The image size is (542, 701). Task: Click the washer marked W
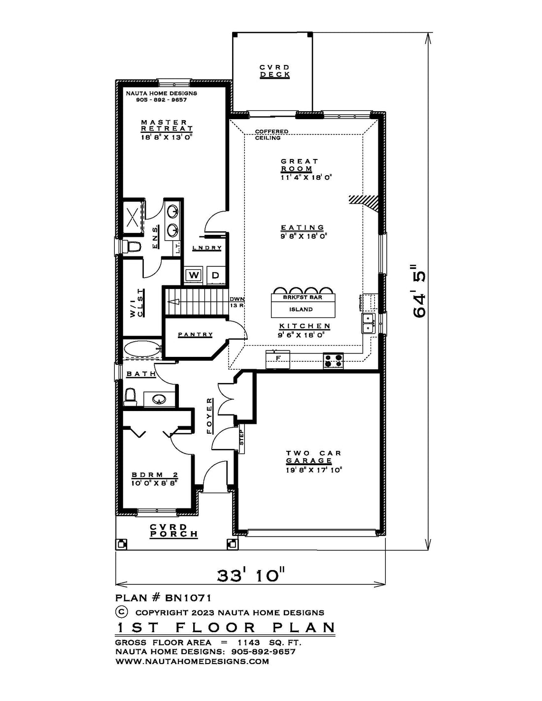point(193,275)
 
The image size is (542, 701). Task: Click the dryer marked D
point(216,275)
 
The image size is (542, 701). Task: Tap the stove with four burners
point(333,361)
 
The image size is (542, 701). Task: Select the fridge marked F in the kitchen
point(277,359)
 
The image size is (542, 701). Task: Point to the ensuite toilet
point(131,247)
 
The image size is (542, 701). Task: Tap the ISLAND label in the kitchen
point(301,309)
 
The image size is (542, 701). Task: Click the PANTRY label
point(195,335)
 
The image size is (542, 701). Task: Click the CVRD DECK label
point(275,71)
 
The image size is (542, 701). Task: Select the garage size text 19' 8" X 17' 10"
point(314,470)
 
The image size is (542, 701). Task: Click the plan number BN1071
point(188,598)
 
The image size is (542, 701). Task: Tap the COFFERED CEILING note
point(271,134)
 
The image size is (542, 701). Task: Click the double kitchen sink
point(369,323)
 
